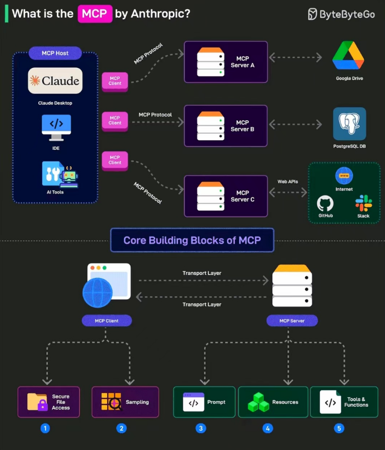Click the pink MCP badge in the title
pos(95,13)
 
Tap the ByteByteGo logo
pos(342,14)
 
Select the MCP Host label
pos(55,53)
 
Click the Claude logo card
pos(55,81)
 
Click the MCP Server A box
pos(226,62)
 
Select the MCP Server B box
pos(226,126)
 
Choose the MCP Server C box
pos(226,196)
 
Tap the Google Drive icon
pos(348,56)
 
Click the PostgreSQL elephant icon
pos(349,123)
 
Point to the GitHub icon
pos(325,204)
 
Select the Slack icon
pos(363,203)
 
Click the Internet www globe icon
pos(344,176)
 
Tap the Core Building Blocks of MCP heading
pos(192,240)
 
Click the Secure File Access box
pos(49,402)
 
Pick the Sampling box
pos(125,402)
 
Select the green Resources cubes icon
pos(258,402)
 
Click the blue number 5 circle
pos(339,428)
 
